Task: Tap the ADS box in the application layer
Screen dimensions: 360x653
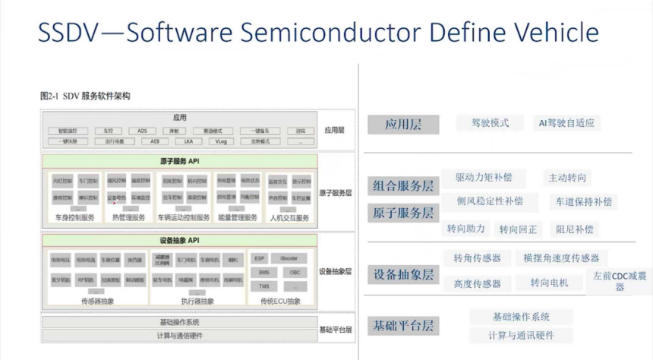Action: [x=142, y=131]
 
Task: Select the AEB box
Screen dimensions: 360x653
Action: [x=154, y=141]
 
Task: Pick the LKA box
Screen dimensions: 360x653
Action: [x=187, y=141]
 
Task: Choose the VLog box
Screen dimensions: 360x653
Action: [x=219, y=141]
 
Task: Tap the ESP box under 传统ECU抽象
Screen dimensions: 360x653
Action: [x=260, y=258]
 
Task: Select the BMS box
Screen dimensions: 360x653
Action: [x=263, y=272]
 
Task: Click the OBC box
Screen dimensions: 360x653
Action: [x=295, y=272]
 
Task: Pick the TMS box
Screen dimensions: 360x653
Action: [x=263, y=286]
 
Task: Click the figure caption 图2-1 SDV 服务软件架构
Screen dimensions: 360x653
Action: [x=85, y=96]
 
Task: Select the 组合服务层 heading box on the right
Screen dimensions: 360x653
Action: [x=403, y=186]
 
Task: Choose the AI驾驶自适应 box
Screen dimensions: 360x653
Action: [x=566, y=122]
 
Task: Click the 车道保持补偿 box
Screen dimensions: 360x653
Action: [x=583, y=202]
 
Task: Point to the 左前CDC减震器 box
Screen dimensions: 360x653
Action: [x=620, y=282]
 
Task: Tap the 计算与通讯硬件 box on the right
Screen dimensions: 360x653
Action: [x=522, y=335]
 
